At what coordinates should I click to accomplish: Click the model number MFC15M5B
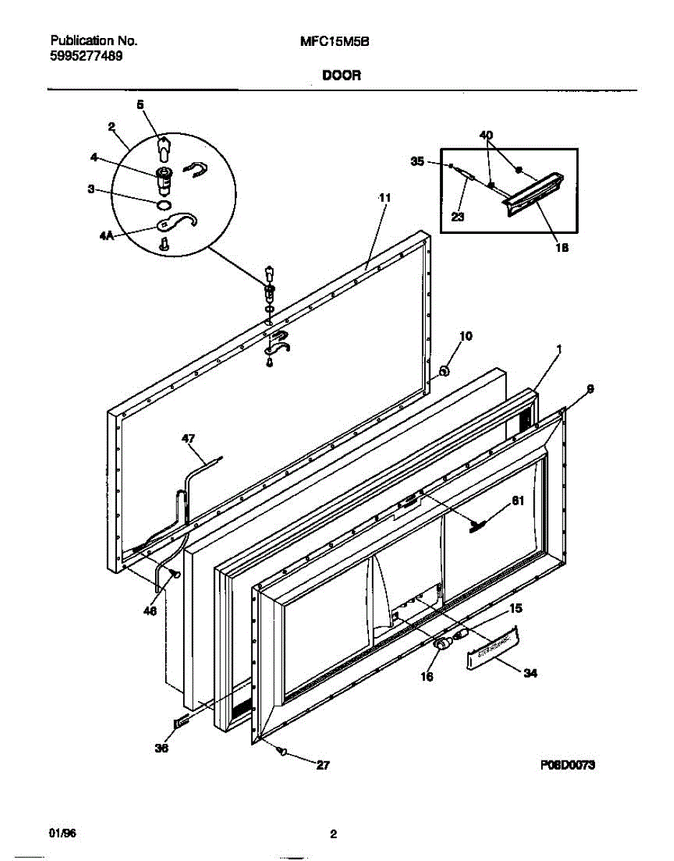[x=334, y=42]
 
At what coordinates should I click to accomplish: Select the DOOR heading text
[x=341, y=75]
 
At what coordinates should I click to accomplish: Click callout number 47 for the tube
[x=188, y=438]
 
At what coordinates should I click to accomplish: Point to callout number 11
[x=384, y=197]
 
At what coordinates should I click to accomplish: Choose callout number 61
[x=518, y=502]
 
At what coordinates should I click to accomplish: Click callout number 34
[x=530, y=673]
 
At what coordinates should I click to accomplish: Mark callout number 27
[x=322, y=766]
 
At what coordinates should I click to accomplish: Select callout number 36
[x=162, y=748]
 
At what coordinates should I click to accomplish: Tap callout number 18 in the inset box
[x=562, y=248]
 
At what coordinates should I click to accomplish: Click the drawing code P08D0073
[x=568, y=766]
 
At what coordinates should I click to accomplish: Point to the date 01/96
[x=62, y=834]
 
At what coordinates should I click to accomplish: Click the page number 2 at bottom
[x=333, y=834]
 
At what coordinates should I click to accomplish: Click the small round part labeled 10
[x=444, y=370]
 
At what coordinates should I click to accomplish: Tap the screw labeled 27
[x=282, y=752]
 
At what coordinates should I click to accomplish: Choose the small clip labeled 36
[x=182, y=720]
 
